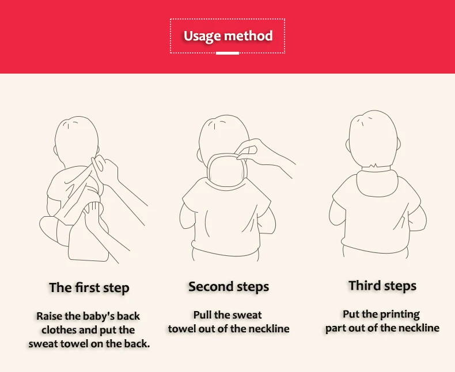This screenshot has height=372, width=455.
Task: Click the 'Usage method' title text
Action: pos(228,36)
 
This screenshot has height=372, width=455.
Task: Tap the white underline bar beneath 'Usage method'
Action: pos(227,53)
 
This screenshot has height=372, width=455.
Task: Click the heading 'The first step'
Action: pos(89,287)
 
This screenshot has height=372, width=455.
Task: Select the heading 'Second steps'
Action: pos(229,286)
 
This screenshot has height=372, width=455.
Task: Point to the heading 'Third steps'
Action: pos(382,286)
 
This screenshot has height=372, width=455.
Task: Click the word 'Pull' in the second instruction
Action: pos(202,315)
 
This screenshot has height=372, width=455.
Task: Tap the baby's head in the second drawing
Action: pos(224,136)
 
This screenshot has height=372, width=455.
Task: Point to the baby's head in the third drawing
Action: pos(374,139)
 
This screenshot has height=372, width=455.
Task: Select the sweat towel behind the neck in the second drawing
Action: pos(227,171)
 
